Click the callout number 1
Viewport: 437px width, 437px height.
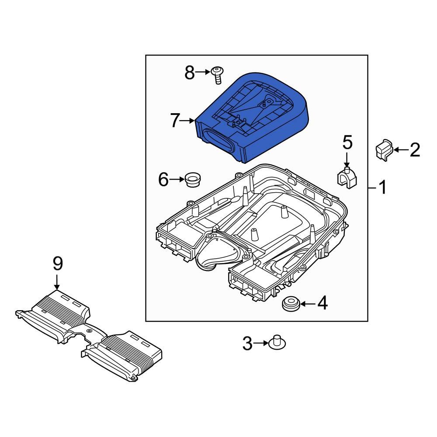[x=382, y=188]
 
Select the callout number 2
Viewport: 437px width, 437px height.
[x=414, y=150]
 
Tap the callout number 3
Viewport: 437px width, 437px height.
[x=247, y=344]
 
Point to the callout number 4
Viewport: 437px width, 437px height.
[x=322, y=303]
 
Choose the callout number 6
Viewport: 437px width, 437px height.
[x=163, y=179]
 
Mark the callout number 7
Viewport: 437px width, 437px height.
[x=175, y=120]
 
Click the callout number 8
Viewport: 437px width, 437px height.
[x=189, y=73]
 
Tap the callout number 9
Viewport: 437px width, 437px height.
[x=58, y=264]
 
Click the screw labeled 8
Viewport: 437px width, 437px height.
[x=216, y=75]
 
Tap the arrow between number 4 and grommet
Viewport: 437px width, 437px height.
[x=306, y=303]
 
